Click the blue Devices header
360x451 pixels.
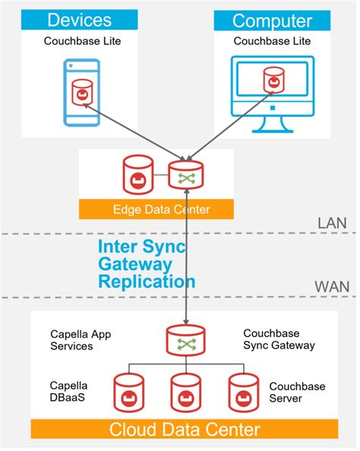point(80,20)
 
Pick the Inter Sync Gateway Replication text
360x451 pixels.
point(146,263)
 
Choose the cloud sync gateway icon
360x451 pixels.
point(186,341)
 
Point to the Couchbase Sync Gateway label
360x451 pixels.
point(279,339)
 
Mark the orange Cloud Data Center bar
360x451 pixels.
point(185,429)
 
